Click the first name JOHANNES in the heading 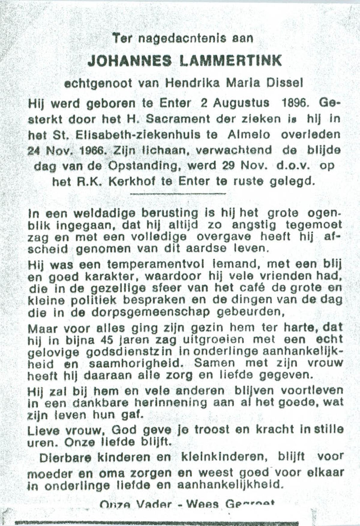[x=130, y=61]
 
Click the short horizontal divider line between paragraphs [x=178, y=194]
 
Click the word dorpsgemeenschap [x=151, y=312]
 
